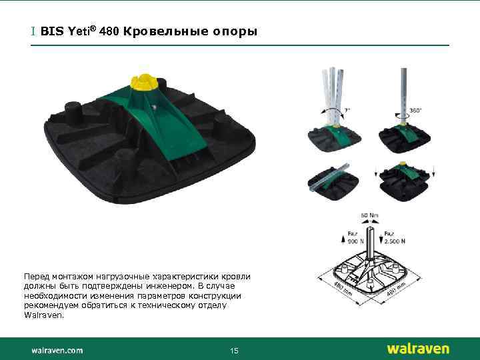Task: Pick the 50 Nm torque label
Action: click(x=369, y=215)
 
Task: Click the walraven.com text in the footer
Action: click(x=57, y=349)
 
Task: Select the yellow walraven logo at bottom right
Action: click(x=417, y=349)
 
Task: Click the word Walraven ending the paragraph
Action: click(x=44, y=315)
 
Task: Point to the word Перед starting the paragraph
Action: click(x=36, y=275)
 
